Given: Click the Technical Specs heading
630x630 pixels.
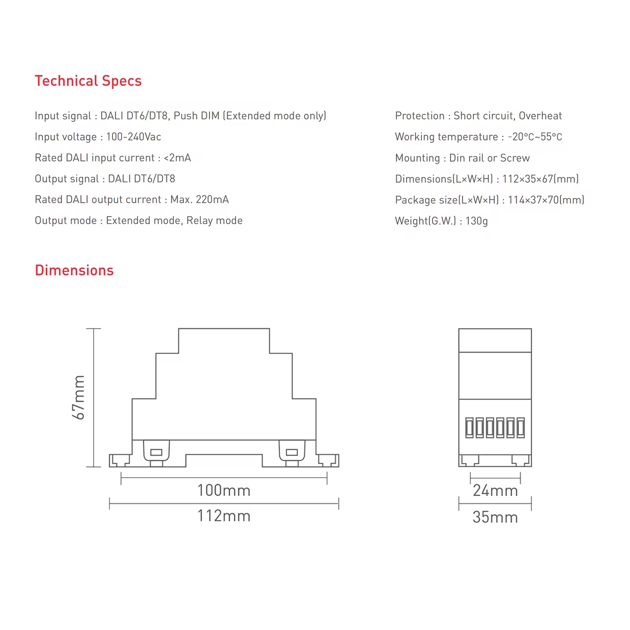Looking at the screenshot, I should click(x=88, y=81).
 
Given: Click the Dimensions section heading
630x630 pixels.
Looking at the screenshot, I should click(x=74, y=270).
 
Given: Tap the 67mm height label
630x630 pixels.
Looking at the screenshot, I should click(x=79, y=397).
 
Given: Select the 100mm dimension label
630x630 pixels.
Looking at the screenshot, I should click(x=224, y=490).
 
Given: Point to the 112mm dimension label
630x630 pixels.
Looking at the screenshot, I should click(x=224, y=516).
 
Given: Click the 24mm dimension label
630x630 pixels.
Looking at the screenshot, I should click(x=495, y=491).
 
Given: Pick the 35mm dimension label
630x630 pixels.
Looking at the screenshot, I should click(x=495, y=517).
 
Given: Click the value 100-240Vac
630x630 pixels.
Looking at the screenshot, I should click(x=133, y=137).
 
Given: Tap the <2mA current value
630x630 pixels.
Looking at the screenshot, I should click(x=177, y=157).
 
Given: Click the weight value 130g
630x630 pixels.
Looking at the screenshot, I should click(x=476, y=220).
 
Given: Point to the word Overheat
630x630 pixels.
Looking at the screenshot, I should click(x=540, y=116).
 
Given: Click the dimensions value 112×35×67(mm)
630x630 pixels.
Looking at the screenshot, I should click(x=540, y=179).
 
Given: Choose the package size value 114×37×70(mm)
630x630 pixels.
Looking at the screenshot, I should click(x=546, y=200).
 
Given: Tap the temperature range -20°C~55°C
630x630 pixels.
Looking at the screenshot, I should click(x=535, y=137).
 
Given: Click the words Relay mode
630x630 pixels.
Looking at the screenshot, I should click(x=215, y=220).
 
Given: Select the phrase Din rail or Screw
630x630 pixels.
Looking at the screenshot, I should click(x=489, y=158).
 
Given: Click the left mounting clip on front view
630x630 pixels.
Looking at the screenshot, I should click(x=156, y=452).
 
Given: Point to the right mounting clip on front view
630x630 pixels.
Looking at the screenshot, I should click(x=292, y=452).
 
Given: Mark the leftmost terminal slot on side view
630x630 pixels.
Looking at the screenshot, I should click(x=469, y=428).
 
